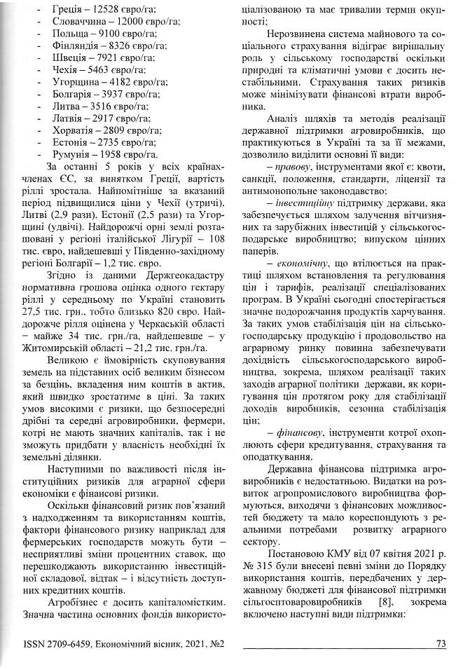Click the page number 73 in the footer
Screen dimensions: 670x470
click(x=441, y=643)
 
